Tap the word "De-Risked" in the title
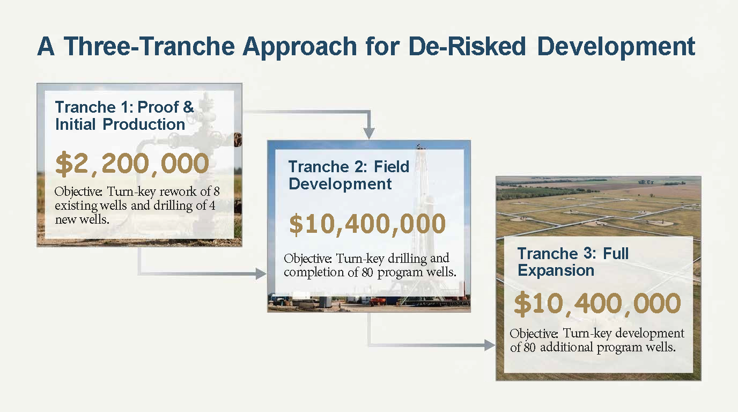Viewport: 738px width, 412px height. coord(467,46)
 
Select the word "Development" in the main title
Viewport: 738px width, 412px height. coord(616,47)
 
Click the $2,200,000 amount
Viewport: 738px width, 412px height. coord(132,163)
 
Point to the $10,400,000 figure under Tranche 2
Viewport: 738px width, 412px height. coord(367,224)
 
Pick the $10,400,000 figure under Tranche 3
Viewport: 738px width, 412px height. coord(597,304)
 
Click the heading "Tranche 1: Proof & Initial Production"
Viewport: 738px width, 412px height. coord(124,116)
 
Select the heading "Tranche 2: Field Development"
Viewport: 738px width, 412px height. coord(349,175)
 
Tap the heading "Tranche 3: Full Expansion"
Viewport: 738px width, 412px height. coord(573,262)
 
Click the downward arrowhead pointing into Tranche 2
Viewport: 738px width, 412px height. coord(369,133)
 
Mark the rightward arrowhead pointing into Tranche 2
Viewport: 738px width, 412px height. coord(261,274)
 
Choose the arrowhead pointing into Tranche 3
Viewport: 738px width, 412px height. coord(490,345)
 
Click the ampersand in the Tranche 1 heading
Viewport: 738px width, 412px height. coord(188,107)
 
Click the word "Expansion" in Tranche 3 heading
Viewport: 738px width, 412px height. coord(556,270)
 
